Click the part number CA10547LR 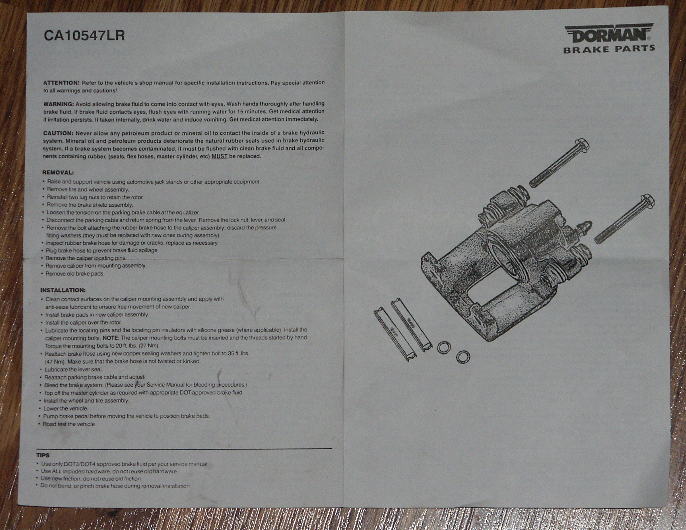pos(84,36)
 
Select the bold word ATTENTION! pos(62,83)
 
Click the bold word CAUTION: pos(58,133)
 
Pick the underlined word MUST pos(219,156)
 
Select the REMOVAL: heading pos(58,172)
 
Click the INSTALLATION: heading pos(63,290)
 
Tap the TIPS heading pos(43,455)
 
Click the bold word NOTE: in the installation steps pos(111,338)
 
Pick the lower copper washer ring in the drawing pos(463,357)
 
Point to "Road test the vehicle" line pos(69,424)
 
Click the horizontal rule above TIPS pos(184,449)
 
